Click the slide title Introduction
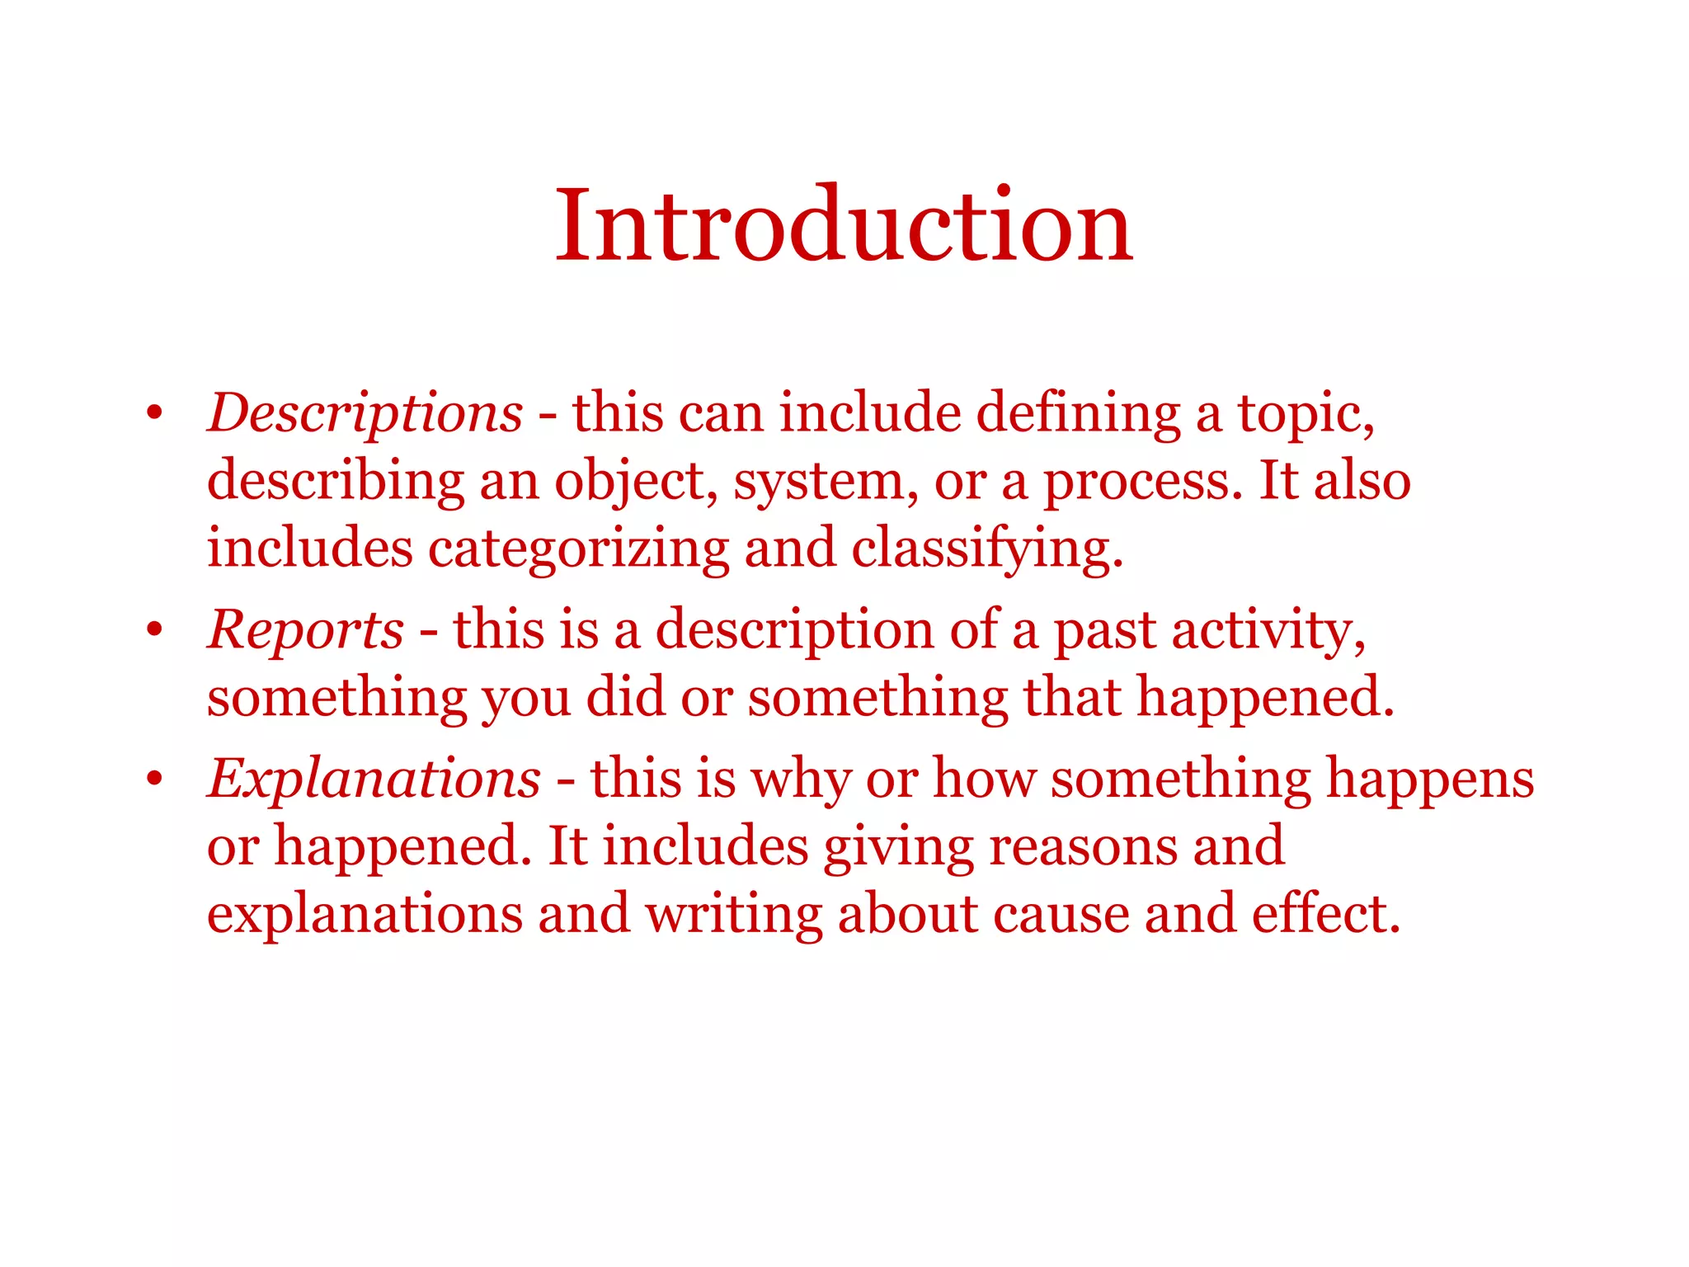844,225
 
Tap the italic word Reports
306,629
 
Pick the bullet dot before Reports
154,630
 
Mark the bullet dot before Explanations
154,779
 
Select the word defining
1078,414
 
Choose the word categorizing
578,550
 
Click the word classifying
986,550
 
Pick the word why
800,780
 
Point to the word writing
734,916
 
